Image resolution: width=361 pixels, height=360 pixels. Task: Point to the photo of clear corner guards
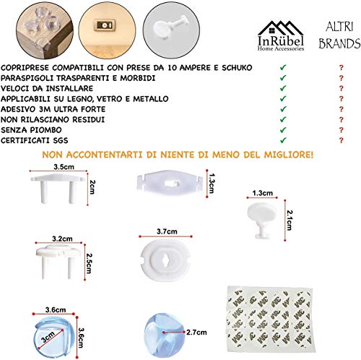tap(27, 27)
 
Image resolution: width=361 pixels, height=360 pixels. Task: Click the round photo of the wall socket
tap(98, 27)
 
